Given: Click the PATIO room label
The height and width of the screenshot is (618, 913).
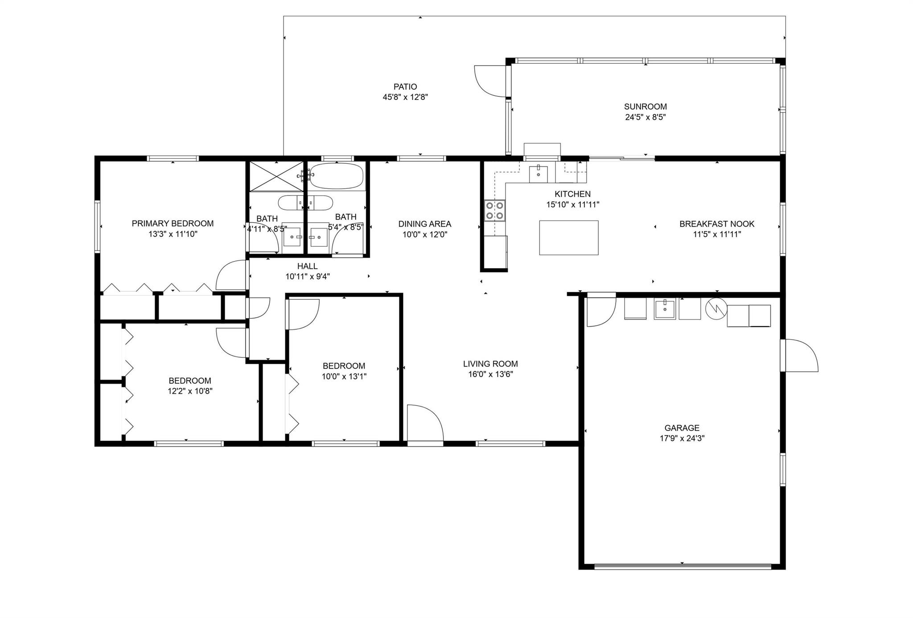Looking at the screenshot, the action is click(405, 87).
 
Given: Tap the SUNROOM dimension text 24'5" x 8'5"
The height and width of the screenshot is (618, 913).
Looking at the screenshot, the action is click(646, 117).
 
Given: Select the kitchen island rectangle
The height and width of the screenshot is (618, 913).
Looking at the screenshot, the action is click(569, 237).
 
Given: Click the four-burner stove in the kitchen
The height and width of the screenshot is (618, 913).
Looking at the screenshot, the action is click(495, 211).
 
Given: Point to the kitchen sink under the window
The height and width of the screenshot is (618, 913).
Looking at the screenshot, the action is click(539, 174).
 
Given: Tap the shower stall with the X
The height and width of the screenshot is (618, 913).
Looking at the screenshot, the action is click(276, 176).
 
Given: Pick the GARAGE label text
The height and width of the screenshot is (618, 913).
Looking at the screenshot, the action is click(682, 428).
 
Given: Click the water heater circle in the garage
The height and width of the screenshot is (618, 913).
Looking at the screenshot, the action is click(716, 308).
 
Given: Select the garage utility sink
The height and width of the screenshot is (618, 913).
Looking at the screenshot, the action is click(665, 309).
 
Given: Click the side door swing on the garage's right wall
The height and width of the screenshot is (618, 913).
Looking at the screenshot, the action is click(799, 355).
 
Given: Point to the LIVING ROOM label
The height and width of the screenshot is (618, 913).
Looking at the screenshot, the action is click(490, 364).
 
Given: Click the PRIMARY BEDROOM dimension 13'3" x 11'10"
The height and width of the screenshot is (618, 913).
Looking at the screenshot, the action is click(173, 234).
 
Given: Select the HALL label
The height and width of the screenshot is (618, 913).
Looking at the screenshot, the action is click(308, 266).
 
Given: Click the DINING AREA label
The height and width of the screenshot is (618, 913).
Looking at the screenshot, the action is click(425, 224).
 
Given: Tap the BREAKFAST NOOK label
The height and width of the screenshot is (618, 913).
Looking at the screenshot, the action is click(717, 224).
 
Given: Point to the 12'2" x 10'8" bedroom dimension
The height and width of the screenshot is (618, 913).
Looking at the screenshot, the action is click(190, 391).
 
